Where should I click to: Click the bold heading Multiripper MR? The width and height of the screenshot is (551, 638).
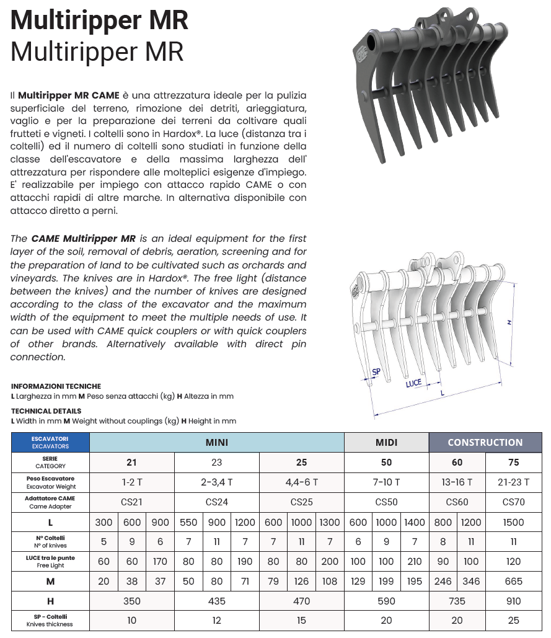(x=100, y=20)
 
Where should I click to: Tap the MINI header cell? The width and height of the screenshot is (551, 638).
(x=216, y=443)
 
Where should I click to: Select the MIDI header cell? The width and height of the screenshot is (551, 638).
(x=386, y=443)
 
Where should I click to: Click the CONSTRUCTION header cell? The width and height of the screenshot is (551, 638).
(x=485, y=443)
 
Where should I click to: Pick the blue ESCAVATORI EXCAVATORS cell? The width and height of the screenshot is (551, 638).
(x=50, y=442)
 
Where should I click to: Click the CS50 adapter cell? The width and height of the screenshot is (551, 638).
(x=386, y=502)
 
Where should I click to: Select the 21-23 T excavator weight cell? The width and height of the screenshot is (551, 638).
(x=513, y=482)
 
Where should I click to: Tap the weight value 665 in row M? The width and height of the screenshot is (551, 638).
(x=513, y=581)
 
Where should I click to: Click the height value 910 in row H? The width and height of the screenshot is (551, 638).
(x=513, y=601)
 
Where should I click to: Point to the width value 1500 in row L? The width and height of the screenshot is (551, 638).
(x=513, y=523)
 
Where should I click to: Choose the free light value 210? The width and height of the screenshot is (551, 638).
(x=414, y=561)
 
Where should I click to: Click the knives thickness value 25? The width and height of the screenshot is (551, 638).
(x=513, y=621)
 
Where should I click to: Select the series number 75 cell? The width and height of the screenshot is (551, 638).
(x=513, y=462)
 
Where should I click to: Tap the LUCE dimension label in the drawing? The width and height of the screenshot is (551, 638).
(x=413, y=383)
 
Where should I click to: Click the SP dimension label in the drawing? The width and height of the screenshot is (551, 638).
(x=376, y=372)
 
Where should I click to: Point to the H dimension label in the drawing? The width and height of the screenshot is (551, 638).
(x=509, y=322)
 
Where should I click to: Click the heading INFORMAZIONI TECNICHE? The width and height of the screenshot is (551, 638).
(x=56, y=386)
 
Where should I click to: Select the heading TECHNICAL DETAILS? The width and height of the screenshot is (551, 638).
(x=46, y=411)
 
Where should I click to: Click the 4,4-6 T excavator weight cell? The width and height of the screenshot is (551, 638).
(x=301, y=482)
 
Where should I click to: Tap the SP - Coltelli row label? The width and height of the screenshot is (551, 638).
(x=50, y=620)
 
